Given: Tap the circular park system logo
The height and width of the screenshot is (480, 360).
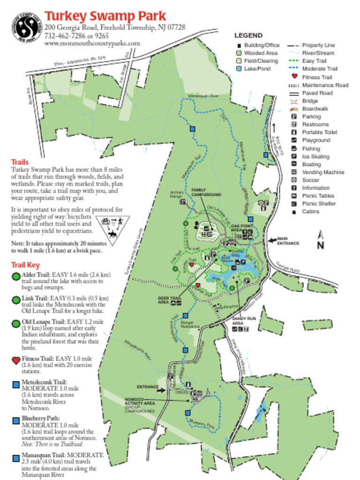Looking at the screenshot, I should click(28, 27).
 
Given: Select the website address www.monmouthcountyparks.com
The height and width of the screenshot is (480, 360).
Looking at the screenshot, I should click(92, 44).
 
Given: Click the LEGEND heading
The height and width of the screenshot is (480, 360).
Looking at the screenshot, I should click(248, 36).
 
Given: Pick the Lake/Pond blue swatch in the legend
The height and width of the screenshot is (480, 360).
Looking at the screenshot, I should click(239, 69).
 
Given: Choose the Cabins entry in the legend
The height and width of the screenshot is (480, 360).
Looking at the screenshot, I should click(310, 211).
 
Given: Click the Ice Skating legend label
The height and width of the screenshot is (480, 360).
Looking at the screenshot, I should click(315, 157).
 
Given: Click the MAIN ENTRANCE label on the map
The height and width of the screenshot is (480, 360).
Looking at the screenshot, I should click(288, 241).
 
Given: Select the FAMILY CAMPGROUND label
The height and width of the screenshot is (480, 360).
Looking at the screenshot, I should click(206, 192).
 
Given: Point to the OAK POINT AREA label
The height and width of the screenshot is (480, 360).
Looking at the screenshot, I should click(242, 228).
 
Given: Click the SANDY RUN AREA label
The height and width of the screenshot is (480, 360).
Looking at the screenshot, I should click(244, 321).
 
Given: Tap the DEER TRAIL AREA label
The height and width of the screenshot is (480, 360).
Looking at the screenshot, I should click(169, 300).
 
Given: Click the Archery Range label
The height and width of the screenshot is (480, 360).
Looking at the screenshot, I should click(177, 194).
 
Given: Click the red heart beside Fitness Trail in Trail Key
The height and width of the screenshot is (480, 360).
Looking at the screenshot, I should click(16, 360).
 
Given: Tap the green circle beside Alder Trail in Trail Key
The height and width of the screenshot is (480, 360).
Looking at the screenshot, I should click(16, 276).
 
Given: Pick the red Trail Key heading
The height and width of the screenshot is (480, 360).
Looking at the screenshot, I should click(25, 265).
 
